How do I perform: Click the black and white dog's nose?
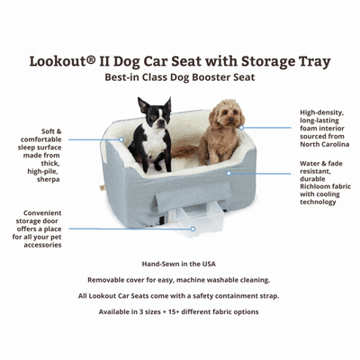163,121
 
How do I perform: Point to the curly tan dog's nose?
231,120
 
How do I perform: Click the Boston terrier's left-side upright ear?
143,104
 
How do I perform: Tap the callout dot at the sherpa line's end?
121,139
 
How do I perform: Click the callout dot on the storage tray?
193,229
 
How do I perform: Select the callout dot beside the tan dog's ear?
241,128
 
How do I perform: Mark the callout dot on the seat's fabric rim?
229,173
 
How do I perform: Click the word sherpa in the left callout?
49,179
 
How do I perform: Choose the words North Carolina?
325,144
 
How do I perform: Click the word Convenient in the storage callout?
42,213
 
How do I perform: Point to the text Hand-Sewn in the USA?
179,264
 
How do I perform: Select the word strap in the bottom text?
270,296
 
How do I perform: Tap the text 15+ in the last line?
176,311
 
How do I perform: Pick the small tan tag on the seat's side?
102,189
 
